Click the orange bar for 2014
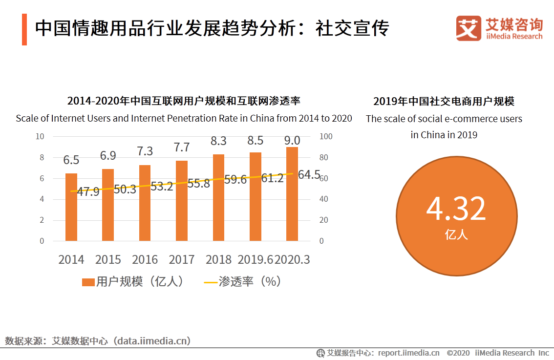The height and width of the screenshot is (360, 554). pyautogui.click(x=71, y=207)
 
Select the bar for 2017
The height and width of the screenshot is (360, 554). pyautogui.click(x=182, y=201)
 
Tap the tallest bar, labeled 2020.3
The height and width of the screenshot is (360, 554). pyautogui.click(x=292, y=194)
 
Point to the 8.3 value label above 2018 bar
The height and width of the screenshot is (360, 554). pyautogui.click(x=218, y=141)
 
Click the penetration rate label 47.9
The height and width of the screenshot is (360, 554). pyautogui.click(x=88, y=191)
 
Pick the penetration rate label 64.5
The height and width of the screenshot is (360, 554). pyautogui.click(x=309, y=174)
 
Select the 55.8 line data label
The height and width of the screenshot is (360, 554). pyautogui.click(x=198, y=184)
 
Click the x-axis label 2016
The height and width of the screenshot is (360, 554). pyautogui.click(x=145, y=259)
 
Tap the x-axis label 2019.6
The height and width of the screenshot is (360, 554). pyautogui.click(x=256, y=259)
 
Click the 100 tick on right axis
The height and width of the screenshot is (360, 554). pyautogui.click(x=325, y=136)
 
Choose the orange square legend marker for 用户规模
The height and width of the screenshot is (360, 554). pyautogui.click(x=88, y=282)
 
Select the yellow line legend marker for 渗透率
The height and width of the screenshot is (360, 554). pyautogui.click(x=210, y=282)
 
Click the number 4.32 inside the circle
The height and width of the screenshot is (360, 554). pyautogui.click(x=456, y=209)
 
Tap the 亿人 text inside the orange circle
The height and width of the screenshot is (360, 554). pyautogui.click(x=456, y=234)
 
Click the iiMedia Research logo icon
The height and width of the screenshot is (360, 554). pyautogui.click(x=469, y=28)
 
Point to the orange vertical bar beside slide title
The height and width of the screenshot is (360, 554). pyautogui.click(x=24, y=29)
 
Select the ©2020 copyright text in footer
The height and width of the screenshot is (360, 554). pyautogui.click(x=458, y=353)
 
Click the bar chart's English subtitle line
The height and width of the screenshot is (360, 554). pyautogui.click(x=184, y=118)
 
